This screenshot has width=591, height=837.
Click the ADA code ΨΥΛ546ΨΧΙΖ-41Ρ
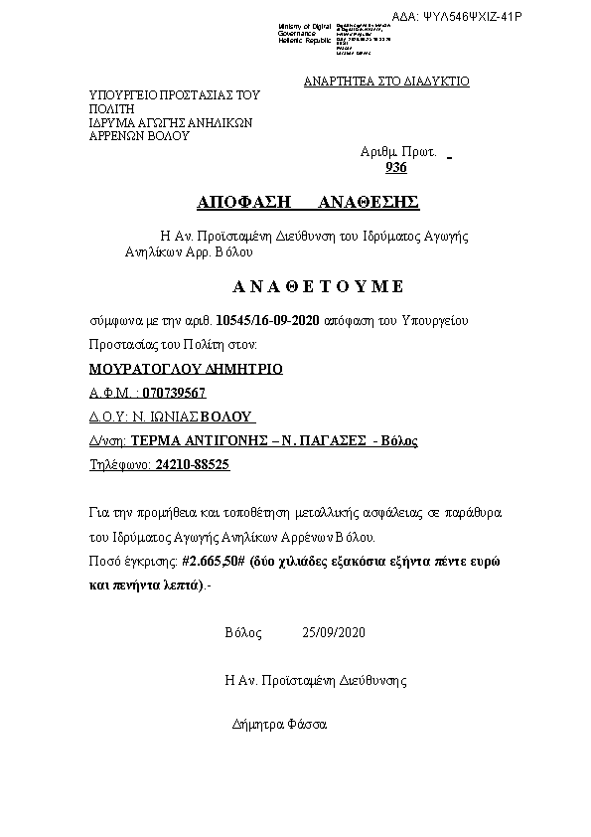click(485, 17)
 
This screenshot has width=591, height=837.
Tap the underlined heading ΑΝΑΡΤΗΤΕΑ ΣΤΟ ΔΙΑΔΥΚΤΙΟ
click(386, 82)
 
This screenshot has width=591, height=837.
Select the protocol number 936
click(395, 168)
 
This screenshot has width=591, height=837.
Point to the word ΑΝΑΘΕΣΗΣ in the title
click(369, 203)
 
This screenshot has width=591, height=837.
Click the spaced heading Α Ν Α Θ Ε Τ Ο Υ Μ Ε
click(318, 286)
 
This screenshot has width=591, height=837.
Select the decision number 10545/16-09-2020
click(268, 321)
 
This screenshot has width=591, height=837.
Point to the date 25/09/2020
click(335, 632)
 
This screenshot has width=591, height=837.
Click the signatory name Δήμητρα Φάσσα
click(279, 724)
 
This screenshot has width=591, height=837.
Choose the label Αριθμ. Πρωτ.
click(398, 153)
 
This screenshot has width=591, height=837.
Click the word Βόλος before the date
click(243, 632)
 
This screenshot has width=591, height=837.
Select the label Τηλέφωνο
click(118, 464)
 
